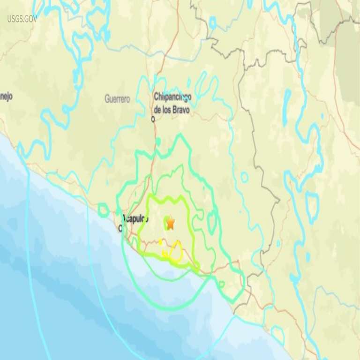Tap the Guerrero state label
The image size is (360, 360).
[117, 99]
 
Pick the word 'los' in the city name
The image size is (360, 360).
[167, 109]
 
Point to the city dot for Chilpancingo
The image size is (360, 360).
[153, 119]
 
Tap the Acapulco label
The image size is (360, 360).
[135, 218]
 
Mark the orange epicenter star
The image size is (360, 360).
[170, 223]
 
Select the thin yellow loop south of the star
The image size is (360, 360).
[176, 253]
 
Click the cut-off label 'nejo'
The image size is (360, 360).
[6, 96]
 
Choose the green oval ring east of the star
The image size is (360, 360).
[212, 220]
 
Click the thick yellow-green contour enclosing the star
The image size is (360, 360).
[188, 206]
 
